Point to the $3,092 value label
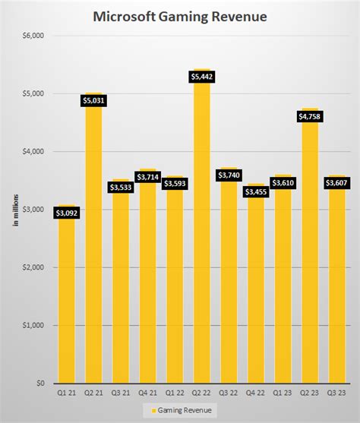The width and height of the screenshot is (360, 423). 66,213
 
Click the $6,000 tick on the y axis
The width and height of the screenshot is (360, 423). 33,36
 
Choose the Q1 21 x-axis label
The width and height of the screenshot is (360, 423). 66,393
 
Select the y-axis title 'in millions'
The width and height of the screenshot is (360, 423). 14,210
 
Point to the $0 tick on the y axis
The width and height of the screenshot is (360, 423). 39,384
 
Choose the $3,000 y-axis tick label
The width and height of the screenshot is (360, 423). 33,210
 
